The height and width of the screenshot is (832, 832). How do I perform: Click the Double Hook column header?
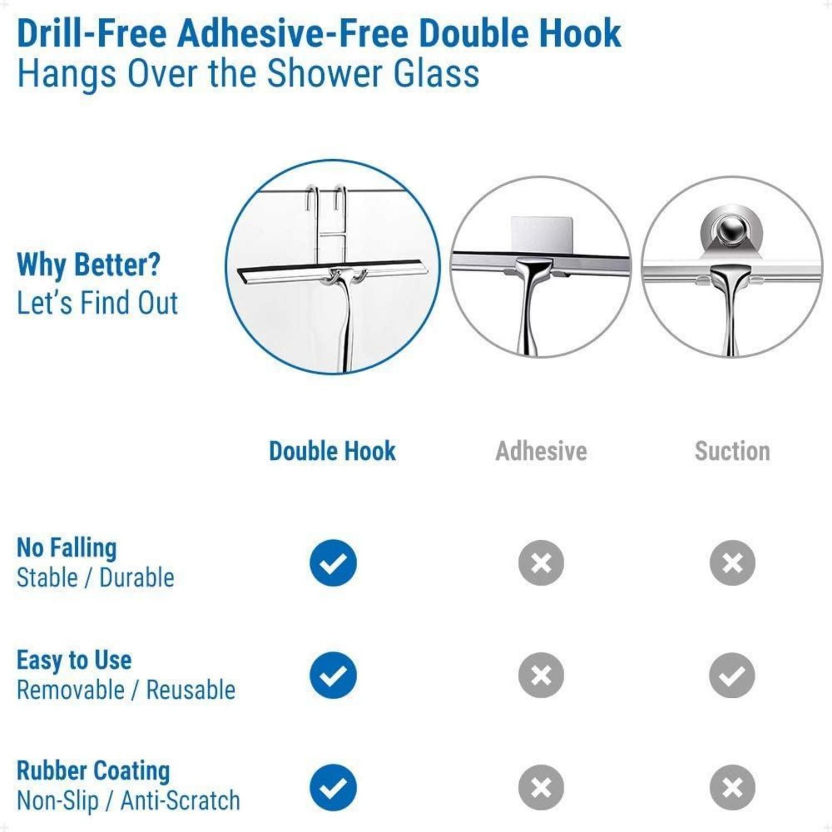point(332,451)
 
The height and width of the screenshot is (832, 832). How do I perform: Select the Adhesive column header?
point(541,451)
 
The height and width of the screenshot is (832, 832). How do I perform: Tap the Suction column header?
point(732,451)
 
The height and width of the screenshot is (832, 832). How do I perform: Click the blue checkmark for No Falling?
point(333,563)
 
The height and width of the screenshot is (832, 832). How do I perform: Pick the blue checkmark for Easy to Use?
point(333,675)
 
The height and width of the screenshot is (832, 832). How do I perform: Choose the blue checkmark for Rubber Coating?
point(333,788)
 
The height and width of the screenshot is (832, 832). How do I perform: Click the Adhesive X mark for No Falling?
point(541,563)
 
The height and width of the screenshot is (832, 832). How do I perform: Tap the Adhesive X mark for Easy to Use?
point(541,675)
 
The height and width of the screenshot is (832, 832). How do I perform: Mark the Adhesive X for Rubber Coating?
point(541,788)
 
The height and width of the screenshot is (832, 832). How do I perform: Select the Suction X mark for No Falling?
point(732,563)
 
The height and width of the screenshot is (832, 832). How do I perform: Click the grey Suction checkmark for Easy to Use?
point(732,675)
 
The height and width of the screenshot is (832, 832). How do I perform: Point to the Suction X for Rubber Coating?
point(732,788)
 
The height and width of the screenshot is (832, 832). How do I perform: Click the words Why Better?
point(89,265)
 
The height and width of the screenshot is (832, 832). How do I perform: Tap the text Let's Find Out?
point(98,303)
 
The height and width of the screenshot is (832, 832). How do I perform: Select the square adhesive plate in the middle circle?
point(541,235)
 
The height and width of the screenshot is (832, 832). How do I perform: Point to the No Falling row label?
point(67,547)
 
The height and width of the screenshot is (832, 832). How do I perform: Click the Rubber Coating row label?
point(93,771)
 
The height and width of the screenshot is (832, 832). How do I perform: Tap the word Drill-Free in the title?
point(92,33)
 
